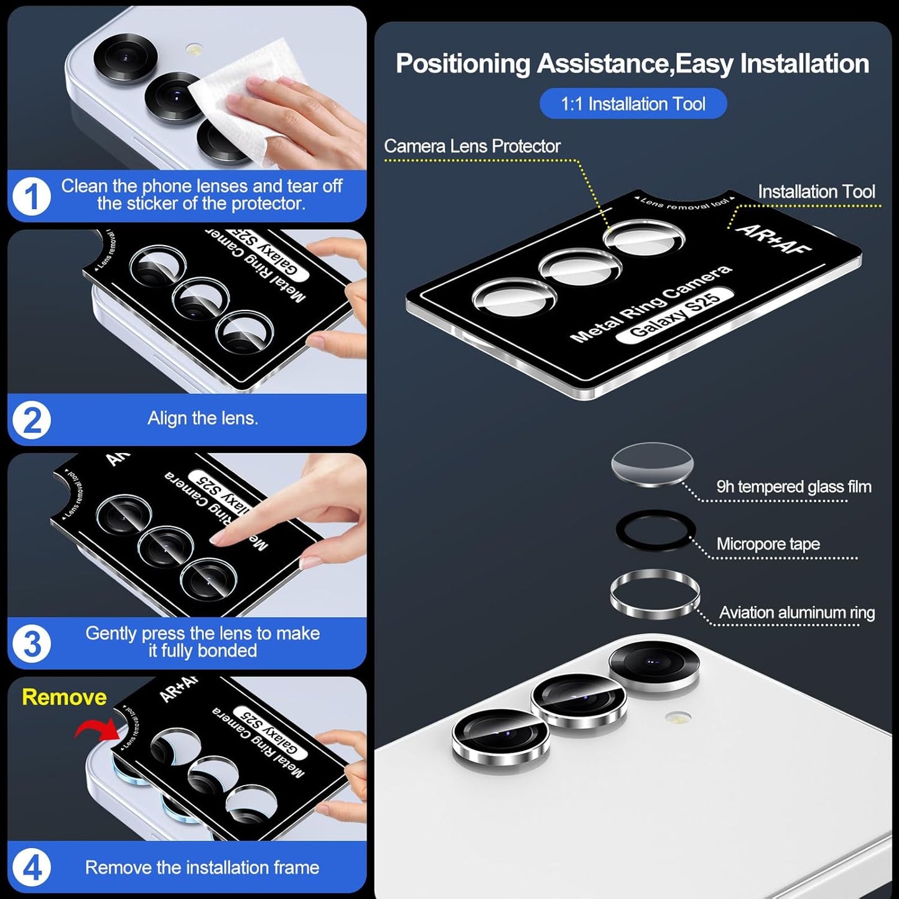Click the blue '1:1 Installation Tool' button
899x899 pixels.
pos(633,104)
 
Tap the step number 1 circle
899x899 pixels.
pos(31,196)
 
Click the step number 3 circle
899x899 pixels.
pos(31,643)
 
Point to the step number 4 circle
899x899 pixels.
pos(31,867)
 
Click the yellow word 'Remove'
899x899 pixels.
pos(64,697)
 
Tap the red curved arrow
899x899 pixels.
pos(96,728)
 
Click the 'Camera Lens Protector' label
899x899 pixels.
pos(472,146)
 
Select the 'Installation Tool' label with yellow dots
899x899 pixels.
pos(816,192)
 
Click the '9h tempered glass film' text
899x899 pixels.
pos(793,487)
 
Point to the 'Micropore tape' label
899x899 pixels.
pos(768,544)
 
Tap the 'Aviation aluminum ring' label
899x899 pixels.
pos(796,613)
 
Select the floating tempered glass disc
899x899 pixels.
pos(652,463)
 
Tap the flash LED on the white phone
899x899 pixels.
pos(678,718)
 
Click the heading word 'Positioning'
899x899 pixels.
pos(463,64)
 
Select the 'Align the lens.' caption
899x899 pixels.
pos(202,418)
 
